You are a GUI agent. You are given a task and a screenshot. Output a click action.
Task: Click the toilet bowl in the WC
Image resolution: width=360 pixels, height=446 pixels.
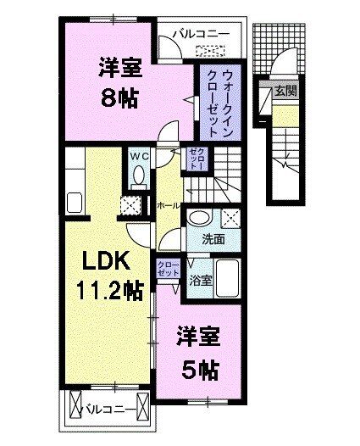138,175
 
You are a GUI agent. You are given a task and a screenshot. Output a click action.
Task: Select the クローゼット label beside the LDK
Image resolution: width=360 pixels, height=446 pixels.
167,270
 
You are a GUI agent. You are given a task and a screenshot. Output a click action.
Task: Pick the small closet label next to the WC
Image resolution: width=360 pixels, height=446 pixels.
195,158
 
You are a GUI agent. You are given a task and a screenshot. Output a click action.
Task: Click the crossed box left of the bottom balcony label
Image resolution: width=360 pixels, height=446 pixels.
75,410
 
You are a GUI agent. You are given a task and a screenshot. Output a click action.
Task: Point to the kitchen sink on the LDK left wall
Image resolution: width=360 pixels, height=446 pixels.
73,203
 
